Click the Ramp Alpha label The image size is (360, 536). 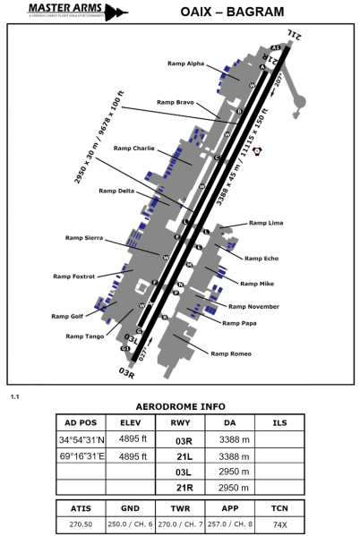coord(185,64)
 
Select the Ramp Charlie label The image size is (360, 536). coord(134,148)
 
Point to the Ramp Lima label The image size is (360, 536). coord(266,222)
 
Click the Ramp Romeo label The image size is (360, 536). coord(231,353)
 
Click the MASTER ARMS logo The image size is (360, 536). coord(64,12)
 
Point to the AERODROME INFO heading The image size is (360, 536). coord(180,405)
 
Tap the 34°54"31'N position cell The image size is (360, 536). coord(81,439)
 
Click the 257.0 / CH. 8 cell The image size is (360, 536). coord(232,523)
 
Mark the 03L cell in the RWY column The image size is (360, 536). coord(184,472)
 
